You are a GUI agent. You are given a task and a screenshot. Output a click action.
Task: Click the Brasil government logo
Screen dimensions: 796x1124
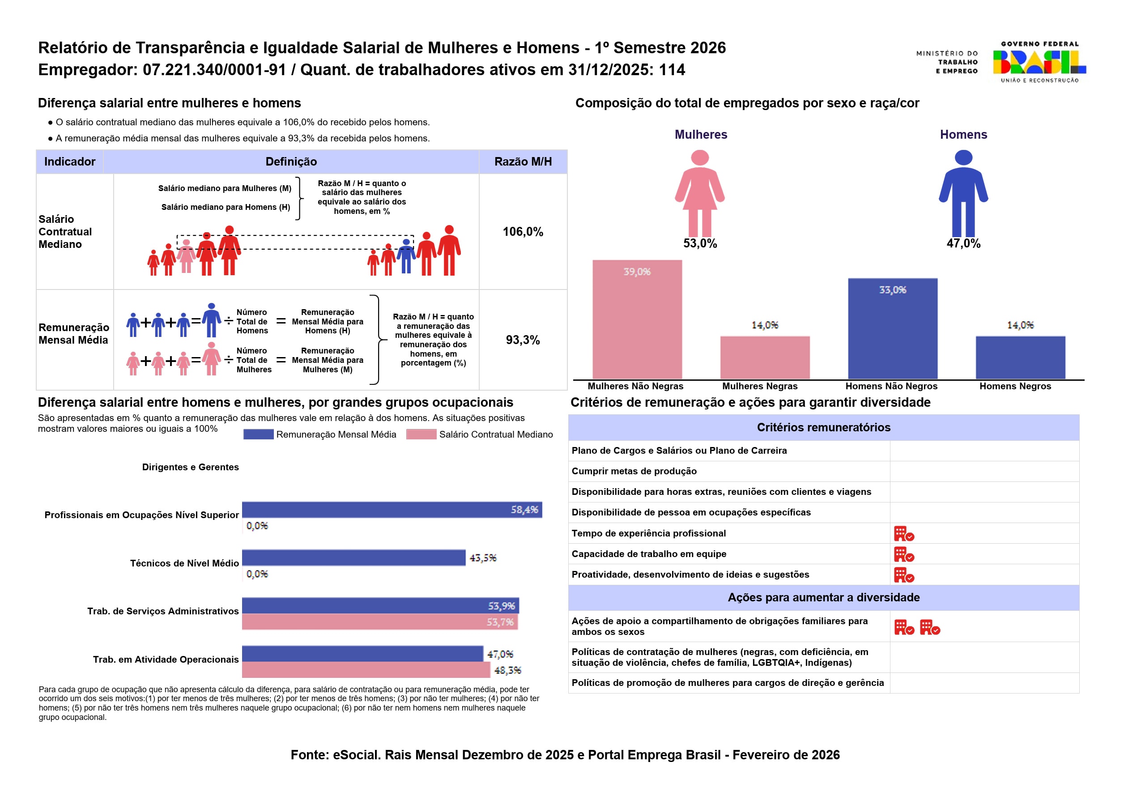pyautogui.click(x=1039, y=62)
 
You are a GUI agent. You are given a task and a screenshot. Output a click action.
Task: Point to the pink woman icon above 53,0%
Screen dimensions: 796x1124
pyautogui.click(x=699, y=193)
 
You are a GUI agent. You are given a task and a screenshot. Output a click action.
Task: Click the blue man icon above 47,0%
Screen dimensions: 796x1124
pyautogui.click(x=963, y=193)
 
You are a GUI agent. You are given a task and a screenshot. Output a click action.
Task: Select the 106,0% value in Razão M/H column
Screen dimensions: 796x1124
pyautogui.click(x=523, y=232)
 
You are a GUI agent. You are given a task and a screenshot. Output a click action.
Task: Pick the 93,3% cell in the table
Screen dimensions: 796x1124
pyautogui.click(x=523, y=340)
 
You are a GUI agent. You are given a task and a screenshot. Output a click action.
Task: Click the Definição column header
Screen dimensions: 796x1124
pyautogui.click(x=291, y=162)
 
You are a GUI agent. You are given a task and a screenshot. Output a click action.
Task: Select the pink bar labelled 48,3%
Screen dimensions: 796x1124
pyautogui.click(x=365, y=669)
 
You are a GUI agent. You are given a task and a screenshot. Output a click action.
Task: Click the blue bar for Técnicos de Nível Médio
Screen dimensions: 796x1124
pyautogui.click(x=353, y=558)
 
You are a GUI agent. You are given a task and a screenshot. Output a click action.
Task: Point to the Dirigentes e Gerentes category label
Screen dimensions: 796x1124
pyautogui.click(x=190, y=467)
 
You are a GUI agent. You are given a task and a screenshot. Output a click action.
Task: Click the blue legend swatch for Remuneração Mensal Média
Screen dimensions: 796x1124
pyautogui.click(x=258, y=434)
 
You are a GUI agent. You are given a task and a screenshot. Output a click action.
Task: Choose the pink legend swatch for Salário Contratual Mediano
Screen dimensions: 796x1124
pyautogui.click(x=421, y=434)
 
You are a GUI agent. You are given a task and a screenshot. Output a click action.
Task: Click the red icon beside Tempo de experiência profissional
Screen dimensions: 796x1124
pyautogui.click(x=903, y=534)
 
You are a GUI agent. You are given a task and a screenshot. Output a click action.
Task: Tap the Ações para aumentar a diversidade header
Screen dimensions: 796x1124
pyautogui.click(x=823, y=597)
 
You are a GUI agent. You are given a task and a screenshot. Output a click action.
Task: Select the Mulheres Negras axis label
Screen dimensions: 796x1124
pyautogui.click(x=759, y=386)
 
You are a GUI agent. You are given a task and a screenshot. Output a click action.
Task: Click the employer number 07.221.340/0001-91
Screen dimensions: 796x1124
pyautogui.click(x=214, y=70)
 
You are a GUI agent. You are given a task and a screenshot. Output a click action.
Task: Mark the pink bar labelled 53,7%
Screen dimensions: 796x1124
pyautogui.click(x=379, y=622)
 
